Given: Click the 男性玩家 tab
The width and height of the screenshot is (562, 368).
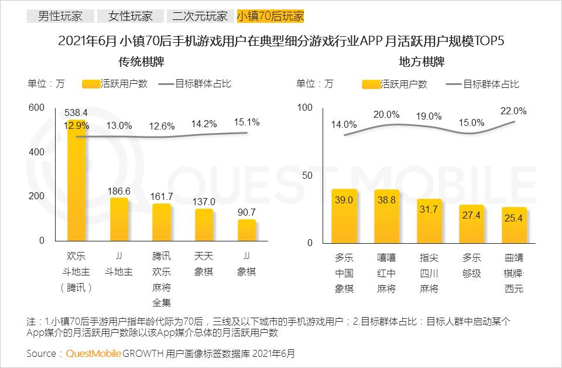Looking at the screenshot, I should pos(59,16).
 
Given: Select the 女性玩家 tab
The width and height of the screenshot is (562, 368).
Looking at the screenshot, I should pos(128,16).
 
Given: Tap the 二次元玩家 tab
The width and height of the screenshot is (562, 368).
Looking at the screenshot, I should pos(200,16).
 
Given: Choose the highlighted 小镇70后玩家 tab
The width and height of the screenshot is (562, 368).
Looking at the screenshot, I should pos(270,16).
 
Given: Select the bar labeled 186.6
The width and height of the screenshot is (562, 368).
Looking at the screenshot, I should pos(119,220).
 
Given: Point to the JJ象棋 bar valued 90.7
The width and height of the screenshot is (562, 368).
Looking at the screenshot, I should pos(246,230).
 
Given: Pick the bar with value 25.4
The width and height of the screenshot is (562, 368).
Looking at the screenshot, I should pos(514,225).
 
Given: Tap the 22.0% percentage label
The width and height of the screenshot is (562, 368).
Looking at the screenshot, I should pos(513,111).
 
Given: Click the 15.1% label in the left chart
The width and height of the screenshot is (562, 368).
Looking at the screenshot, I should pos(246,122).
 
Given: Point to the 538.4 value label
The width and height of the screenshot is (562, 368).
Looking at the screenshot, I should pos(76,113).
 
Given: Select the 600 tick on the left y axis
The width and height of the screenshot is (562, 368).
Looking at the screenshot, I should pos(36,108).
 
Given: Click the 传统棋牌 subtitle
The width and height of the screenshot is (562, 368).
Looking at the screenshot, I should pos(140,62).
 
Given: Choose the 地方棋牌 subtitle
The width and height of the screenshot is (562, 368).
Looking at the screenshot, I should pos(421,62).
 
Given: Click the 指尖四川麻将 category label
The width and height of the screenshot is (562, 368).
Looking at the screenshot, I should pos(429,272).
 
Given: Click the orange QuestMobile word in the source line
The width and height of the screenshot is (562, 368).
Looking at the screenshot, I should pos(93,353).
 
